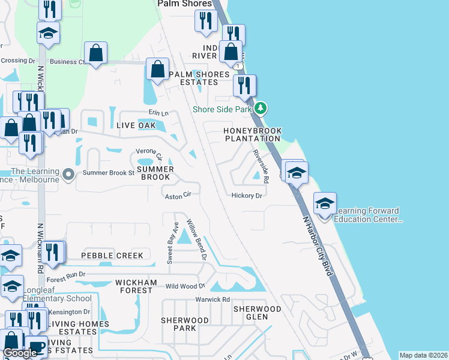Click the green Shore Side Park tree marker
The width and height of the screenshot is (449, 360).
click(x=260, y=109)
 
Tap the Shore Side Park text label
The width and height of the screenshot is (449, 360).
click(x=222, y=109)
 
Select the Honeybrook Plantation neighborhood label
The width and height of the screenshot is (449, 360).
click(x=252, y=134)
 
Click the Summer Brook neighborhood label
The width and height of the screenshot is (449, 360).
click(x=155, y=173)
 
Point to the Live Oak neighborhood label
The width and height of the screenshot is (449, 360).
click(x=136, y=125)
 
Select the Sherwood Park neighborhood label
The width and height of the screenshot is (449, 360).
click(x=178, y=324)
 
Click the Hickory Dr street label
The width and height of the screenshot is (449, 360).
click(x=247, y=196)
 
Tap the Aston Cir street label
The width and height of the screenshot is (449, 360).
click(x=178, y=195)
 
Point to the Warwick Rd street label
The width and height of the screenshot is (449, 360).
click(x=212, y=299)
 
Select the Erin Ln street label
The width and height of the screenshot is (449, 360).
click(x=158, y=113)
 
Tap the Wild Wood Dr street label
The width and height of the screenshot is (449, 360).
click(x=185, y=286)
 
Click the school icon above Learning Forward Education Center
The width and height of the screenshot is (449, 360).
click(x=325, y=203)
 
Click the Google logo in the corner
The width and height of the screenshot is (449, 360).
click(x=20, y=353)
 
